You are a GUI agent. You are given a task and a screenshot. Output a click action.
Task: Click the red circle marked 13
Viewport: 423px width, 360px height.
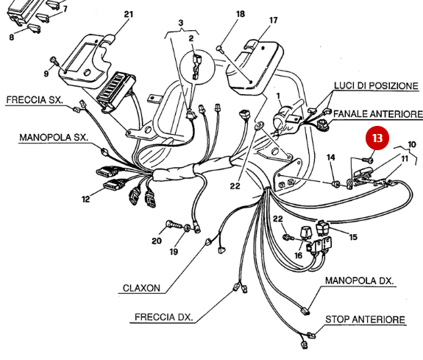pyautogui.click(x=377, y=138)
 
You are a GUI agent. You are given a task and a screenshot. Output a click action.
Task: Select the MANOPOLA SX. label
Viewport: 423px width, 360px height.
pyautogui.click(x=54, y=138)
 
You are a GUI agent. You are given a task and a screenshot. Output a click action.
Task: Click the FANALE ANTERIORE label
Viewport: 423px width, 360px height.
pyautogui.click(x=377, y=115)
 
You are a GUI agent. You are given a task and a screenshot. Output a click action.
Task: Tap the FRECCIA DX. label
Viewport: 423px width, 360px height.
pyautogui.click(x=163, y=318)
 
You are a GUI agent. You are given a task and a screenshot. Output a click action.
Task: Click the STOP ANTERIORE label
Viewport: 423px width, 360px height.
pyautogui.click(x=365, y=320)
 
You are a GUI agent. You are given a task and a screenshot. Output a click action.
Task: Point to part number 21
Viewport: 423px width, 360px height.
pyautogui.click(x=129, y=14)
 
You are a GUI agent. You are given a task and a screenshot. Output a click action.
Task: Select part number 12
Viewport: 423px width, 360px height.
pyautogui.click(x=86, y=199)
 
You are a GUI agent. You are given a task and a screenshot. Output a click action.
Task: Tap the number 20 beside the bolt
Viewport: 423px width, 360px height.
pyautogui.click(x=156, y=241)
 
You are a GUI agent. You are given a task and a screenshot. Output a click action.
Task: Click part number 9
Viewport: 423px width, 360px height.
pyautogui.click(x=46, y=74)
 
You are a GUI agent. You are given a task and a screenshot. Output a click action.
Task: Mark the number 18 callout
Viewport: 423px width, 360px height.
pyautogui.click(x=240, y=14)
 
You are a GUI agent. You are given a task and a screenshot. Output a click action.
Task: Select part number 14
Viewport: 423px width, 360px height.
pyautogui.click(x=330, y=158)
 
